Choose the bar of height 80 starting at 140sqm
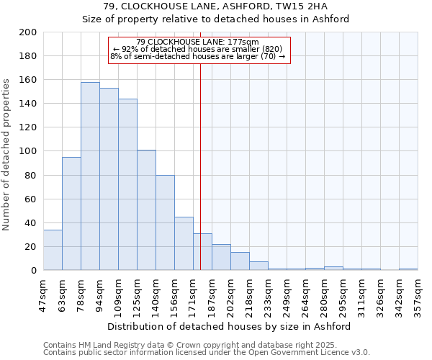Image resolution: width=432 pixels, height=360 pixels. click(165, 222)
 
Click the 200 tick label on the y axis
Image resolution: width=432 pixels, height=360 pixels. click(28, 32)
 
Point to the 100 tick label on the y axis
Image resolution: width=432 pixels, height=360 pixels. click(28, 151)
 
